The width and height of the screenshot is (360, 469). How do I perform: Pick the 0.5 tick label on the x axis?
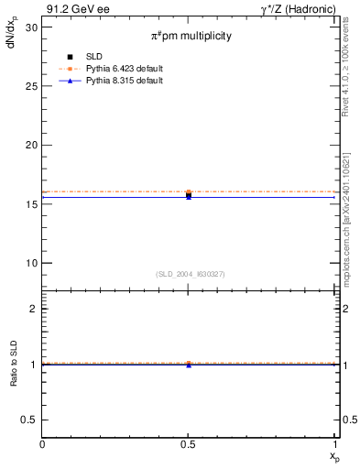tap(188, 444)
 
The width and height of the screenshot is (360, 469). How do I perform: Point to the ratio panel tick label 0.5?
tap(31, 420)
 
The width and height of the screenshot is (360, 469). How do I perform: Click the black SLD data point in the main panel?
tap(188, 195)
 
